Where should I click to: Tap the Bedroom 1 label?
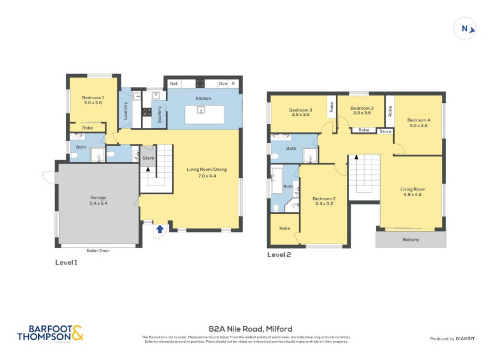click(94, 100)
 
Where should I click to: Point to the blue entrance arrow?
click(160, 229)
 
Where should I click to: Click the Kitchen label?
click(203, 99)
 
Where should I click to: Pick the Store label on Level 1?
click(148, 158)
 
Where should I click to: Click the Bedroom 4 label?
click(418, 123)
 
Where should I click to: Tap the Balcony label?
click(410, 240)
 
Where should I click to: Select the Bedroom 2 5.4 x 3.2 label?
click(324, 200)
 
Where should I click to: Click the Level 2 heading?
click(279, 254)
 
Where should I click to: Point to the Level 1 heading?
click(67, 262)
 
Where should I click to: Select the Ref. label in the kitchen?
click(174, 83)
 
